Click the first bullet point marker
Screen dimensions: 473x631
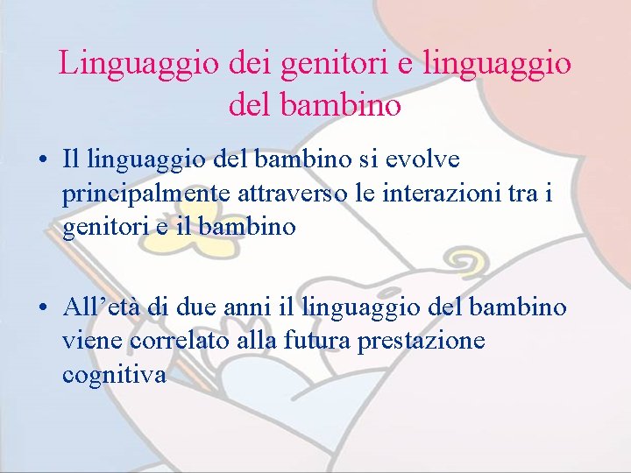click(x=42, y=161)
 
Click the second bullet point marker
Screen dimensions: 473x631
click(x=42, y=308)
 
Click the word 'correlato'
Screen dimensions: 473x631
click(x=181, y=341)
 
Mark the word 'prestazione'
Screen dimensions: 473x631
click(x=422, y=341)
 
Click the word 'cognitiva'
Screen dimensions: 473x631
click(x=114, y=375)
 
